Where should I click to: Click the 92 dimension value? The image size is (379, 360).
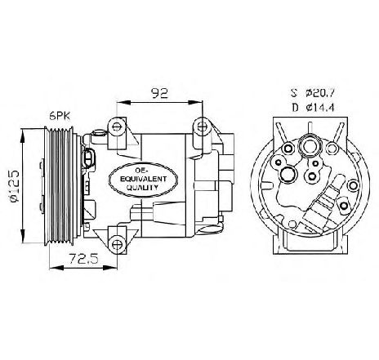160,93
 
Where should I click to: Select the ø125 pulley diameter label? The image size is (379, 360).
14,186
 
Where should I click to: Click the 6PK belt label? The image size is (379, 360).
60,117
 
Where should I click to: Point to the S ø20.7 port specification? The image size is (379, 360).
312,93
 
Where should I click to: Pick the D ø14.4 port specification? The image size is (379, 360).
313,107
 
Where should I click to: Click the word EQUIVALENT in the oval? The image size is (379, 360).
143,179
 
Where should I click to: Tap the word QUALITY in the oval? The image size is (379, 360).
142,187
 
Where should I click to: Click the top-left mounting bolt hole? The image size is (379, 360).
117,127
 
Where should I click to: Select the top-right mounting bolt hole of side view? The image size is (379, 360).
202,126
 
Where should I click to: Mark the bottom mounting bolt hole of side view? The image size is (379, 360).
117,244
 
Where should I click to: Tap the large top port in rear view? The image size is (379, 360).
310,147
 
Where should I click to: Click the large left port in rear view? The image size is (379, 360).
288,174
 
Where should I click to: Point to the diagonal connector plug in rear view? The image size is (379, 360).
323,205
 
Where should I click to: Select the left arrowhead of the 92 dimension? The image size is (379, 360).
123,102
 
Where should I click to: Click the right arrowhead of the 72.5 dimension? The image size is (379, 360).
112,268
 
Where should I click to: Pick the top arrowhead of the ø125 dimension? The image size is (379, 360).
23,136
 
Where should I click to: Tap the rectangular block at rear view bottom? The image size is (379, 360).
310,240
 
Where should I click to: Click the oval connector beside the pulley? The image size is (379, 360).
88,158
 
